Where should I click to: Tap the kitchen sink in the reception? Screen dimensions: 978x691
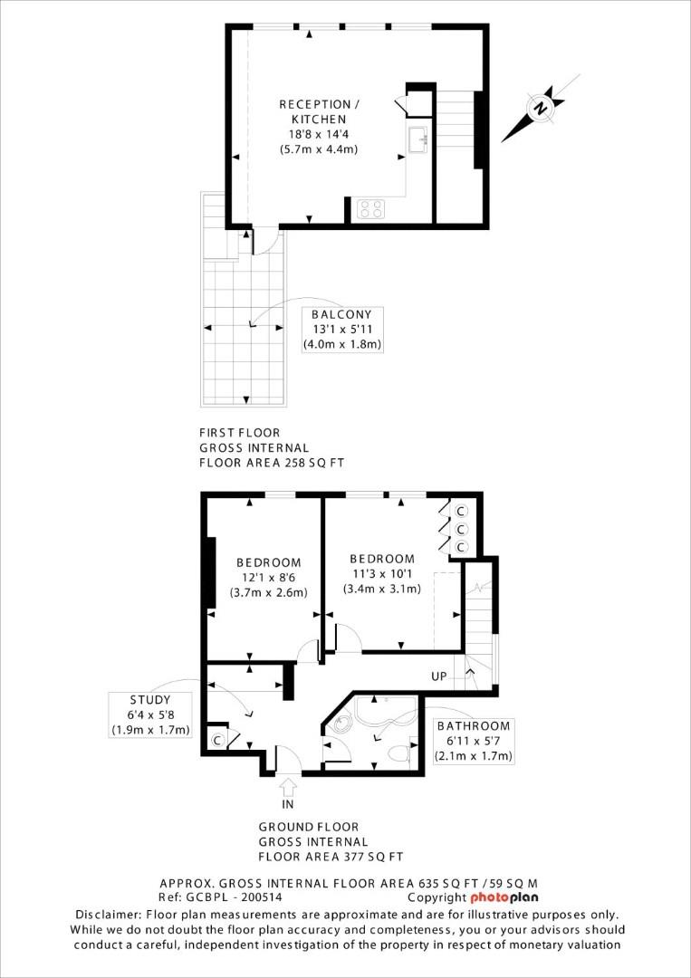click(418, 140)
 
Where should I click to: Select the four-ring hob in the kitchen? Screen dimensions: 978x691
click(369, 209)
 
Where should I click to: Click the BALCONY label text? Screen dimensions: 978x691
click(342, 314)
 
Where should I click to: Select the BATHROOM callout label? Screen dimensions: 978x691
click(474, 726)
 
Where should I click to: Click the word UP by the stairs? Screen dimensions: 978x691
click(439, 676)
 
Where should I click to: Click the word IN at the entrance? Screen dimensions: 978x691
click(288, 803)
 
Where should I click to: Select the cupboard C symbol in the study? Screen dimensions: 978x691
click(217, 740)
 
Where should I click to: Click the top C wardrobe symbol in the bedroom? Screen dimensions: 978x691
click(460, 511)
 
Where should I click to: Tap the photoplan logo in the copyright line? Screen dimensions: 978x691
click(504, 897)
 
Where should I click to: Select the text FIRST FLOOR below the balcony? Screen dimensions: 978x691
click(239, 433)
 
